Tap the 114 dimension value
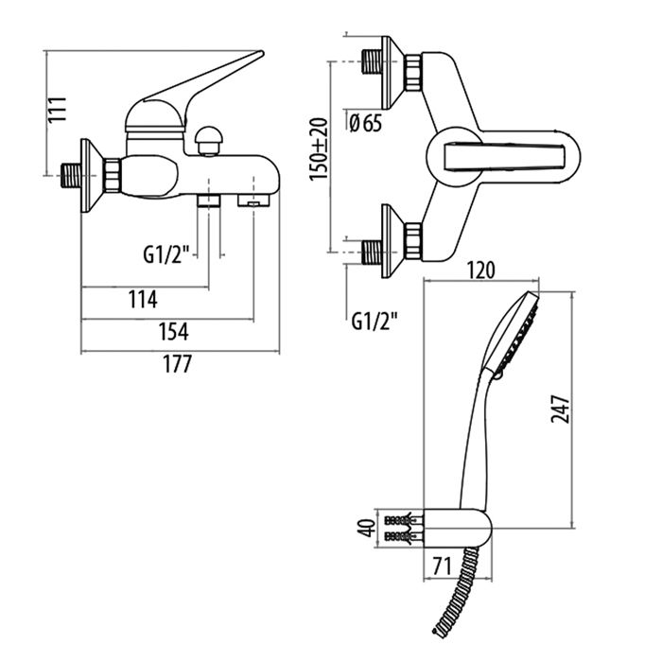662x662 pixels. tap(142, 300)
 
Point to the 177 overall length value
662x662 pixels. tap(177, 364)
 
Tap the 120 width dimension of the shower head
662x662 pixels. tap(480, 270)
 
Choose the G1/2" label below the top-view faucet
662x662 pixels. tap(374, 319)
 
